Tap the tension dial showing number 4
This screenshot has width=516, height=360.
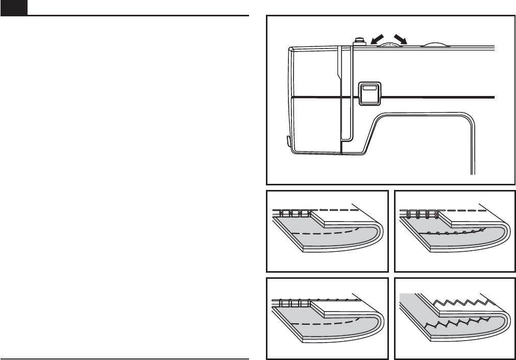[x=390, y=44]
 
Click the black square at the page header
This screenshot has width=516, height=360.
[x=10, y=8]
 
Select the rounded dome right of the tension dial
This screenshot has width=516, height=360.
[x=434, y=43]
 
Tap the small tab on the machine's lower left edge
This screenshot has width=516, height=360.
[x=287, y=140]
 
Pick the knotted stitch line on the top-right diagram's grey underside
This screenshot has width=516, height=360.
[x=454, y=233]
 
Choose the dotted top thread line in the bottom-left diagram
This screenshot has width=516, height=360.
[x=332, y=298]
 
